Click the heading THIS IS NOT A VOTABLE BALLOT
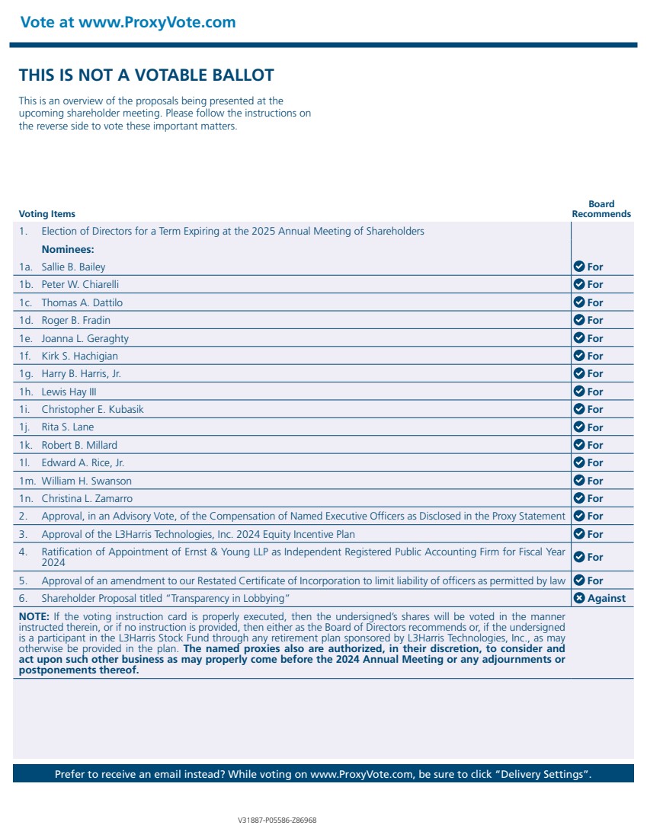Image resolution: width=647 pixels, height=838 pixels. [x=146, y=75]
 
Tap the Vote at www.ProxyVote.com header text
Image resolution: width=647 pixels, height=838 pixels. [x=128, y=22]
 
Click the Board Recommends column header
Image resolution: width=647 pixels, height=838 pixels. [x=601, y=209]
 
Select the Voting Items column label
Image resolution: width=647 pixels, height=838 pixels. [x=47, y=214]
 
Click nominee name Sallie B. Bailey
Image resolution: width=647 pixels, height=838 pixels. [x=73, y=267]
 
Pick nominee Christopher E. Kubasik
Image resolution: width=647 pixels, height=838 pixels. [x=92, y=410]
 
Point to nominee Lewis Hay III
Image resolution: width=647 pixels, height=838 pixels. [x=69, y=392]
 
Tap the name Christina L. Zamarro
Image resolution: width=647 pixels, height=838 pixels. [x=87, y=499]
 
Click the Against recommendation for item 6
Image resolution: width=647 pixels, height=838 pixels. [x=606, y=599]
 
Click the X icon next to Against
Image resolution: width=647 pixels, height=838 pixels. [x=579, y=598]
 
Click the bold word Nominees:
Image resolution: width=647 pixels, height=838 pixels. [x=68, y=249]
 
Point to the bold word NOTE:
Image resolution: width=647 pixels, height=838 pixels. [x=34, y=616]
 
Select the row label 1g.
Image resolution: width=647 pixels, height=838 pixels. [x=27, y=374]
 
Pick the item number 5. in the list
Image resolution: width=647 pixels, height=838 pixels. [x=24, y=581]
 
